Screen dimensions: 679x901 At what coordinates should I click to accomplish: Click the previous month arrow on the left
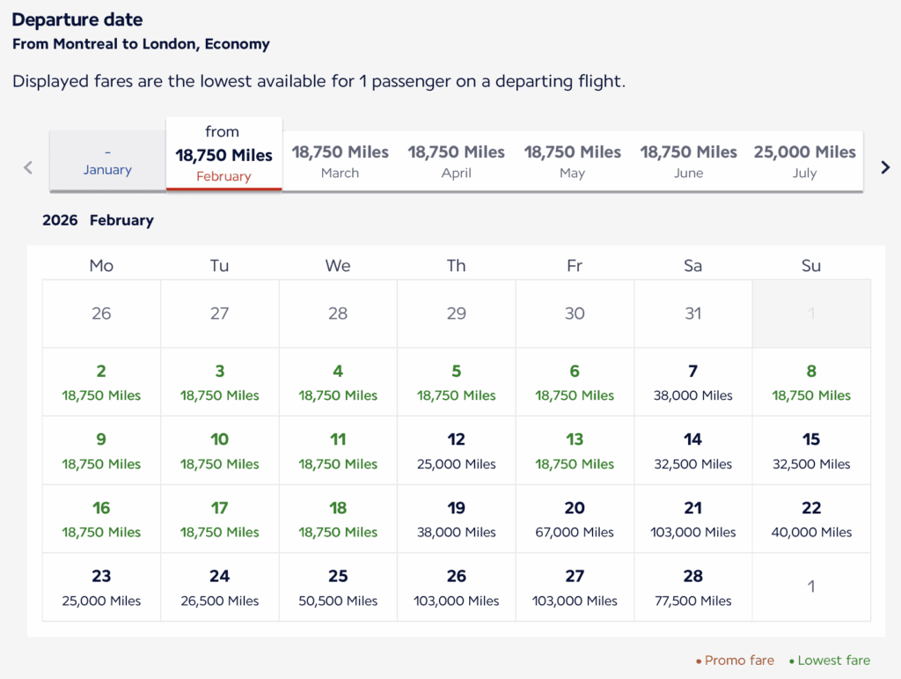(28, 167)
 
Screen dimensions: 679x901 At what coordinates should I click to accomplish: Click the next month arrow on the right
(885, 167)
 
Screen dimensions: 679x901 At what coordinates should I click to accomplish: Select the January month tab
(107, 161)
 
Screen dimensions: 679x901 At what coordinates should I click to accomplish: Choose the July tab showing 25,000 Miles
(804, 161)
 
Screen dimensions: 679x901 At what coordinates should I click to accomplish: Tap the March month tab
(340, 161)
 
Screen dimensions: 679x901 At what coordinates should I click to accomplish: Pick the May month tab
(572, 161)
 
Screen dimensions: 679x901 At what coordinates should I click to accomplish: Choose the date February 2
(101, 382)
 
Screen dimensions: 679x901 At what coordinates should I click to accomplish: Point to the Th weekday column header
(456, 265)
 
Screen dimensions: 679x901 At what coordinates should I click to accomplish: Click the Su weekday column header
(811, 265)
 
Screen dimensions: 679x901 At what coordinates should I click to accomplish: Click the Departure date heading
(77, 19)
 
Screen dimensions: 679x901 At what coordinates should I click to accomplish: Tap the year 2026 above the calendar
(60, 220)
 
